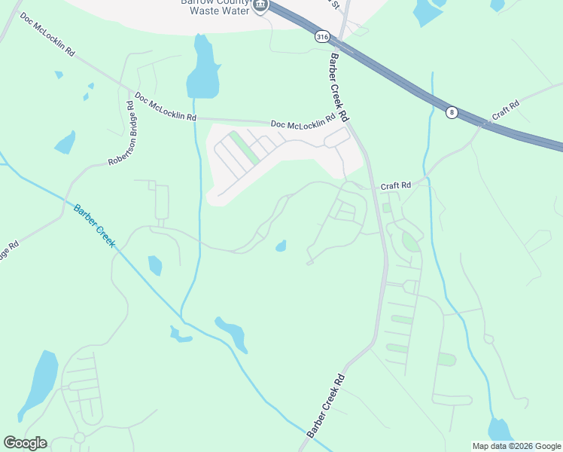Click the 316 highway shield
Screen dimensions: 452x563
322,37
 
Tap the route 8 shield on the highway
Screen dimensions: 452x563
451,112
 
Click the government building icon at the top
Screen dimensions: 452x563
260,6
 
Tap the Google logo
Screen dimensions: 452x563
25,443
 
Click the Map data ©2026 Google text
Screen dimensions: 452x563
516,446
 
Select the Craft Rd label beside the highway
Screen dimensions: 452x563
505,110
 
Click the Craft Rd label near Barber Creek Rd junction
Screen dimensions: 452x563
395,185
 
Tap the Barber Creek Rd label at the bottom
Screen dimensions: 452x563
326,406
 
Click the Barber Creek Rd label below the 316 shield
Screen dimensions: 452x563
340,87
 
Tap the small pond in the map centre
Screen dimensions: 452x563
281,246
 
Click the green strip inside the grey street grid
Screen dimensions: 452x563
244,148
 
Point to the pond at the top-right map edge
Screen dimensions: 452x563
428,11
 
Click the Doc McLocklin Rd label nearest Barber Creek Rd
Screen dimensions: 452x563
303,123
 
